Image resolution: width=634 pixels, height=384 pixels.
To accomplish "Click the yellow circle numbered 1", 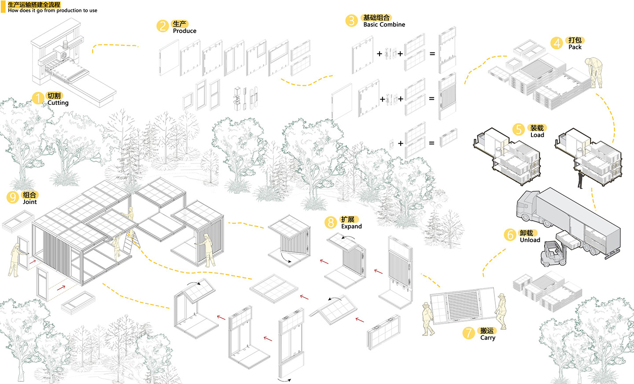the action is coord(38,98).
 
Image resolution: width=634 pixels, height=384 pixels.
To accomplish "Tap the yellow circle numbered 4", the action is coord(557,43).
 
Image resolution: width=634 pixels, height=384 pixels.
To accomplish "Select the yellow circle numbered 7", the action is coord(469,333).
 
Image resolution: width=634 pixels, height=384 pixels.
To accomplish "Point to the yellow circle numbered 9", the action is coord(13,197).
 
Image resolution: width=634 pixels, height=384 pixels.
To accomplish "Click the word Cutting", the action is coord(58,103).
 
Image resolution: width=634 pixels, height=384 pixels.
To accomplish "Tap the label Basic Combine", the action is coord(384,25).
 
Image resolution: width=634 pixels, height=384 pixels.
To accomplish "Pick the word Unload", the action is coord(530,240).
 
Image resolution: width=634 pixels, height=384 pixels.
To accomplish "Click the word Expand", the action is coord(351,227).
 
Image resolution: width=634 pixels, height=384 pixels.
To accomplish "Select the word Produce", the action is coord(184,31).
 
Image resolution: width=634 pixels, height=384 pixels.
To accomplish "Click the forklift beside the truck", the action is coord(552,254).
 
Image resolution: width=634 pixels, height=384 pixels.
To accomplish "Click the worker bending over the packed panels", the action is coord(594,72).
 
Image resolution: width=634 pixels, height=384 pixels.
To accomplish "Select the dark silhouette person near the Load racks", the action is coord(580,179).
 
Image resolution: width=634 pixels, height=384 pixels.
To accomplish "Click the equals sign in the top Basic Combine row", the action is coord(432,53).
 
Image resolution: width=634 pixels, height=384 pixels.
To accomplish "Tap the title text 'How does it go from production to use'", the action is coord(53,11).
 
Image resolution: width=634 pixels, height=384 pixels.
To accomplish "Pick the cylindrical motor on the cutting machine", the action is coord(65,45).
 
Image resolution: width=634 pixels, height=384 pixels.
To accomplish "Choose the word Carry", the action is coord(488,338).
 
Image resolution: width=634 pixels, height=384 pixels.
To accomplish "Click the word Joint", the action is coord(30,202).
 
